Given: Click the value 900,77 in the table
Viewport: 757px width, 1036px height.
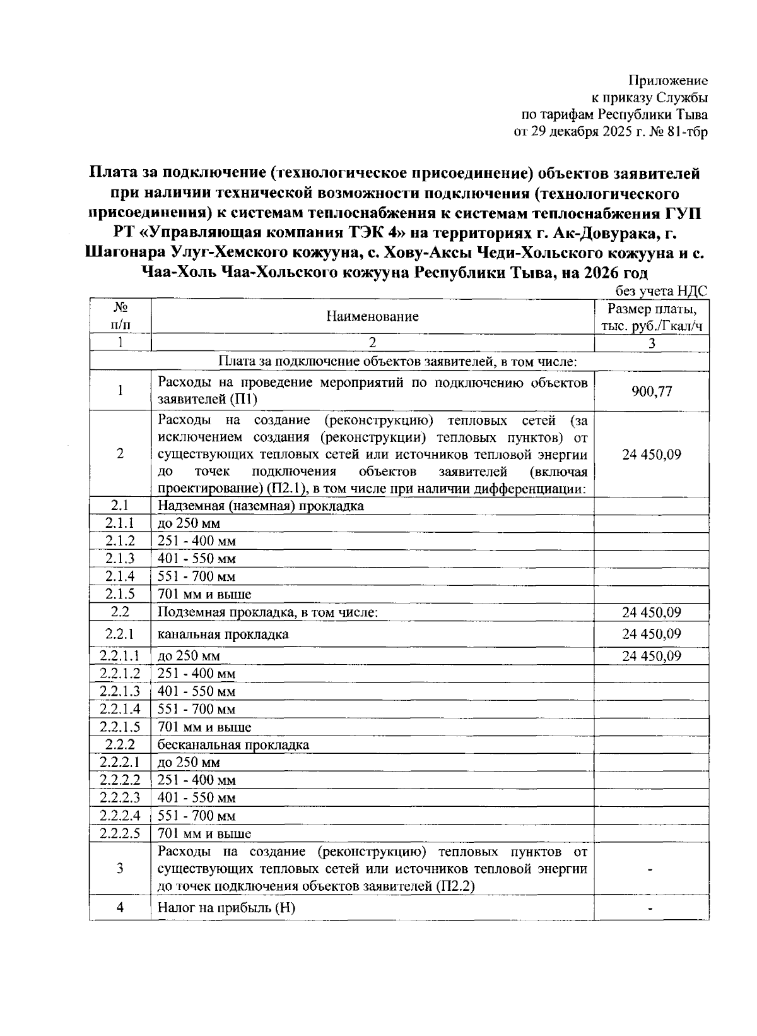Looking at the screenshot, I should coord(652,391).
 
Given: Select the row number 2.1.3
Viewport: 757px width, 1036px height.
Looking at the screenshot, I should coord(120,559).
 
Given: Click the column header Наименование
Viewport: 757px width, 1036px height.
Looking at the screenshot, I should coord(372,317).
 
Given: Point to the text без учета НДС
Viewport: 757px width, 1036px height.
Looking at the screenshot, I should coord(660,291).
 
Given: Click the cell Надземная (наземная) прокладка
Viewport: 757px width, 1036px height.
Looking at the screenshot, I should coord(261,506).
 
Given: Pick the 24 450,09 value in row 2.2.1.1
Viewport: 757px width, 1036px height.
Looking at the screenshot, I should coord(652,656).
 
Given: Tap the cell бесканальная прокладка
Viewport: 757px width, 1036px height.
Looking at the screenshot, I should coord(233,745).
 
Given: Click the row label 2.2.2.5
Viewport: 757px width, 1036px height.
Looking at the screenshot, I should coord(120,833).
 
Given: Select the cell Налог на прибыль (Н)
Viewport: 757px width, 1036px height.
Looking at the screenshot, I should coord(226,908).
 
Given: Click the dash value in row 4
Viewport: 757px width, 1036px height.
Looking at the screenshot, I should coord(651,908).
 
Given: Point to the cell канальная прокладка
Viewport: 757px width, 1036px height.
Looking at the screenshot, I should coord(223,634).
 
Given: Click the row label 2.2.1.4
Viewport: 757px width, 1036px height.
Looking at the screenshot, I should coord(120,710).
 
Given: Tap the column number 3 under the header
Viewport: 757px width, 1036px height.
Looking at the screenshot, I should coord(652,343).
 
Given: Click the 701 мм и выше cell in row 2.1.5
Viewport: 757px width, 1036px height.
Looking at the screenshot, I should coord(204,594).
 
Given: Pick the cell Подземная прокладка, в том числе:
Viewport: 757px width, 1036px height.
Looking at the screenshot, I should coord(267,612).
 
